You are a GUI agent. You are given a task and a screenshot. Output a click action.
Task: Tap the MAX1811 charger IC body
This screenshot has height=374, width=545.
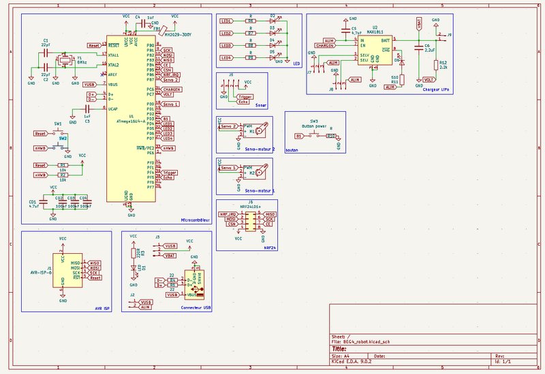coord(374,51)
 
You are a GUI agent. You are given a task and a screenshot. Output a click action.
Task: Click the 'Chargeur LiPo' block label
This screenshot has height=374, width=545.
coord(435,89)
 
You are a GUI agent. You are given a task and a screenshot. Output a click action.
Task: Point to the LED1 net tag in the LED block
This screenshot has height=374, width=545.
coord(226,21)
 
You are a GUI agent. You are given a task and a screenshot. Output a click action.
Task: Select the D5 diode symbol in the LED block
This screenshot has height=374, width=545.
coord(273,57)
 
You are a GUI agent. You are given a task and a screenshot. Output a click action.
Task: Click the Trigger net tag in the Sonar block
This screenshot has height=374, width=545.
coord(245,97)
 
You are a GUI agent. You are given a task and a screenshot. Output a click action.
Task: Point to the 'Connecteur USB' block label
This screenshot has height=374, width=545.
coord(196,308)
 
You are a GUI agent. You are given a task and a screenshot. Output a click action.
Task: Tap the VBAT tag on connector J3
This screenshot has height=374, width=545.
coord(170,255)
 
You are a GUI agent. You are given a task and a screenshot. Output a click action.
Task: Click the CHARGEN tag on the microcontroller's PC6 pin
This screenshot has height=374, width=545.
coord(171,89)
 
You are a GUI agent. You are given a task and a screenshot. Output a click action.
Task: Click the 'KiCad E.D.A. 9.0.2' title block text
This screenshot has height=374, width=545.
coord(353,362)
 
